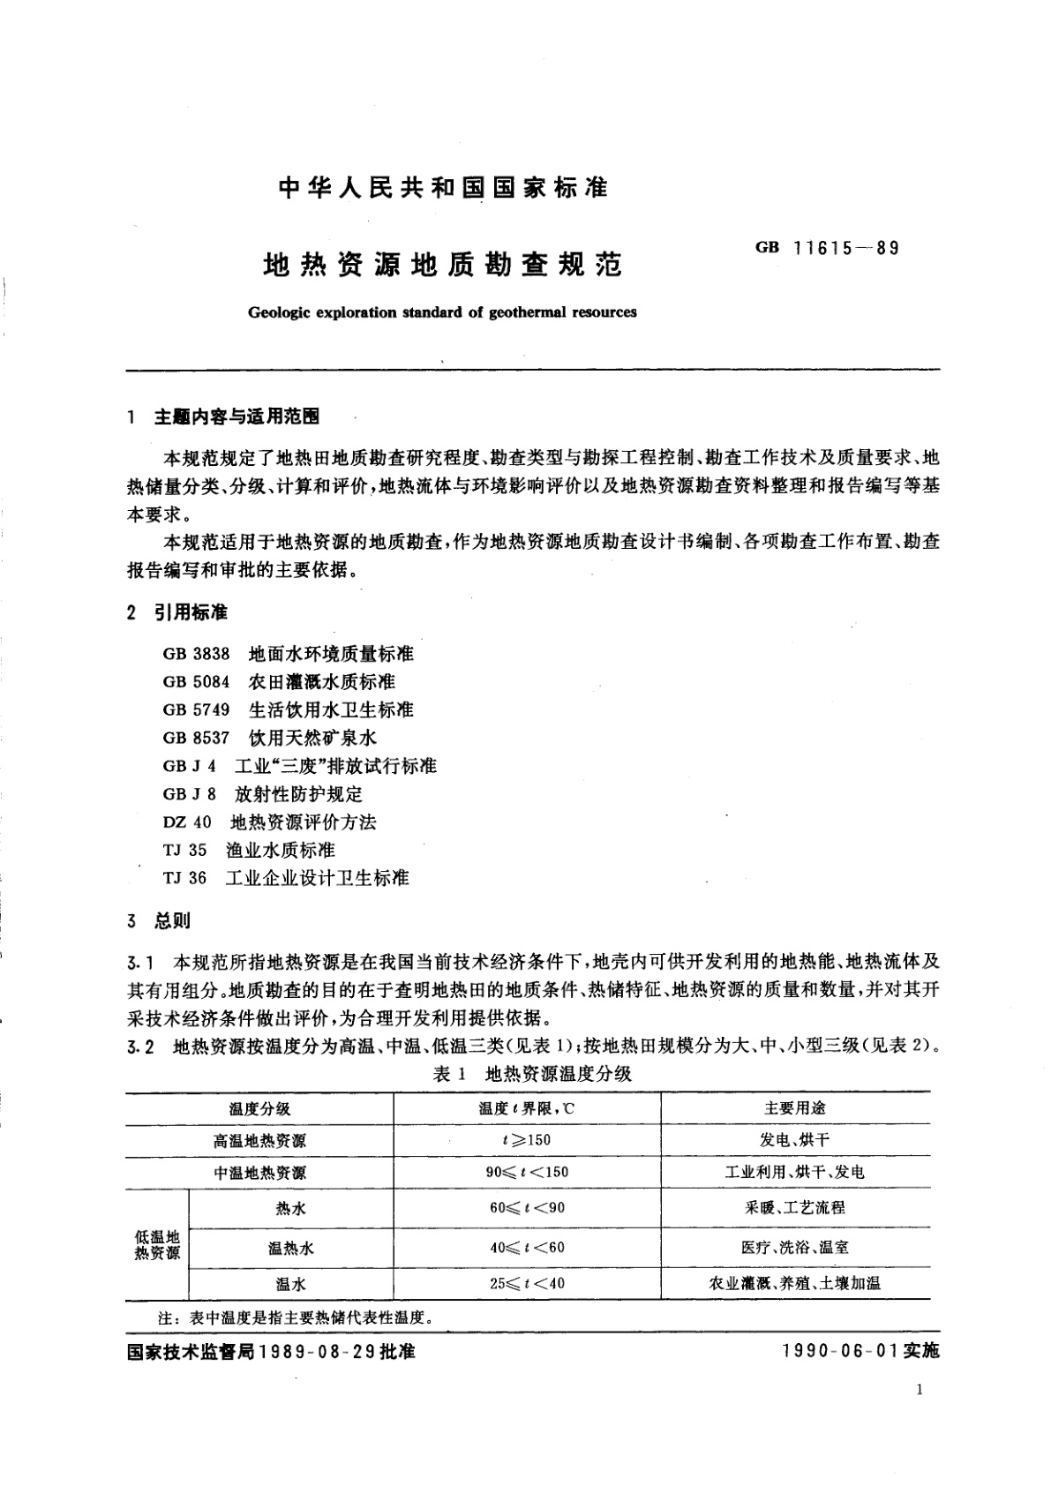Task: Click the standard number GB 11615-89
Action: coord(827,248)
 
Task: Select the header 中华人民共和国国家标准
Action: coord(443,188)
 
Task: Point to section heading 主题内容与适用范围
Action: coord(236,417)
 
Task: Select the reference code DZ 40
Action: coord(187,822)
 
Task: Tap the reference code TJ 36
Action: coord(184,878)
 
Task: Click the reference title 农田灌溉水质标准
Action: coord(322,682)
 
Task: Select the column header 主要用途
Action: coord(795,1108)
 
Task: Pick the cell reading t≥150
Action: coord(527,1140)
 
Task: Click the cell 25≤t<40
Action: coord(528,1283)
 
